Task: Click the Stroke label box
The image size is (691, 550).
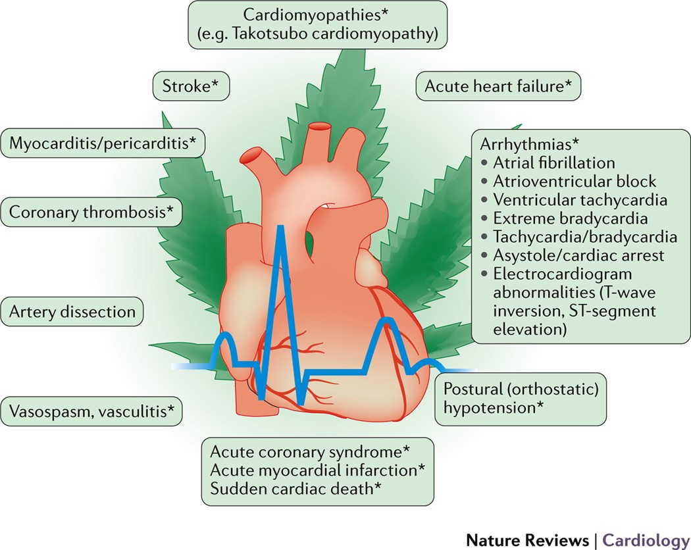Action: click(x=191, y=86)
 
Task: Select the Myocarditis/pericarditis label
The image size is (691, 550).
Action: click(x=102, y=143)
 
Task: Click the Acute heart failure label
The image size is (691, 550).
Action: click(x=498, y=86)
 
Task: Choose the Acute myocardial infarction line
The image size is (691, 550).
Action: click(x=317, y=470)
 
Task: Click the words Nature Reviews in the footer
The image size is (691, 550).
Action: click(x=528, y=540)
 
